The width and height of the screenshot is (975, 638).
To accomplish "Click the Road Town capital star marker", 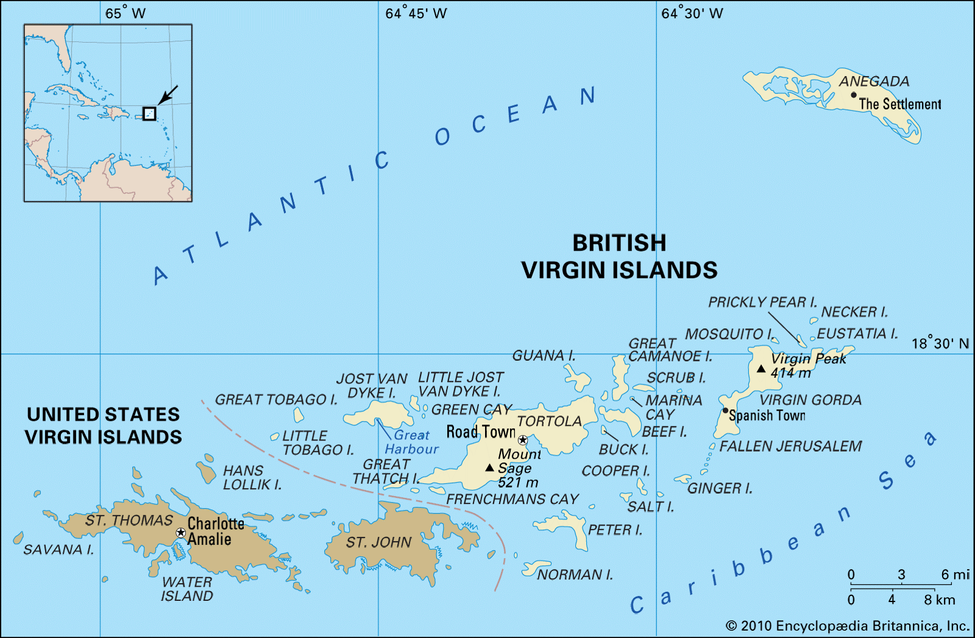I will (x=523, y=440).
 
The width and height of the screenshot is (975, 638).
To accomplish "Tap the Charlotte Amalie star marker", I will (x=180, y=533).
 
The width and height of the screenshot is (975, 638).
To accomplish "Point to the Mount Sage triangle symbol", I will (x=489, y=468).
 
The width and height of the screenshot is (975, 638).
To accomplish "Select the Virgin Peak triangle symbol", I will (x=760, y=369).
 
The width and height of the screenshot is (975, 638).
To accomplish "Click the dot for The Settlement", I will (x=854, y=95).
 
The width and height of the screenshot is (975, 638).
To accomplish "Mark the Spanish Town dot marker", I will (x=725, y=411).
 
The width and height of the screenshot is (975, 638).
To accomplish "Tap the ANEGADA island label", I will (x=874, y=81).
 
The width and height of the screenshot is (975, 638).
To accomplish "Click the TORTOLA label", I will (x=549, y=421).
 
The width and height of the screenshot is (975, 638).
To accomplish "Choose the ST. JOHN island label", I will (x=378, y=542).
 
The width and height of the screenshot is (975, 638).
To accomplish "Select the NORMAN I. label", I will (x=575, y=575).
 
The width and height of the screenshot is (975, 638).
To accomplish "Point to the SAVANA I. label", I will (x=58, y=550).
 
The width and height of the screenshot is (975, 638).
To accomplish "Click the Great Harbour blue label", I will (x=411, y=442).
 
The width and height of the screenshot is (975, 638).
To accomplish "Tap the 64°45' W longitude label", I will (x=416, y=13).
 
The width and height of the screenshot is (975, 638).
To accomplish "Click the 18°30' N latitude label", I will (x=940, y=344).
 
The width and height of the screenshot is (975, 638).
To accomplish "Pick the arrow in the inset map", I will (x=168, y=95).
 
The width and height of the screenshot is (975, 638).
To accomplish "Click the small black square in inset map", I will (x=149, y=113).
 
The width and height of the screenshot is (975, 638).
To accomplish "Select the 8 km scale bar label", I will (x=939, y=600).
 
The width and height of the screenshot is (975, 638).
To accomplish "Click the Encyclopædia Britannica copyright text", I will (x=847, y=626).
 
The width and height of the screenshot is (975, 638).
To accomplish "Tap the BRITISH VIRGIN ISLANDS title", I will (x=619, y=257).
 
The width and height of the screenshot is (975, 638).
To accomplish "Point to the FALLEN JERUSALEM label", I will (x=790, y=446).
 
